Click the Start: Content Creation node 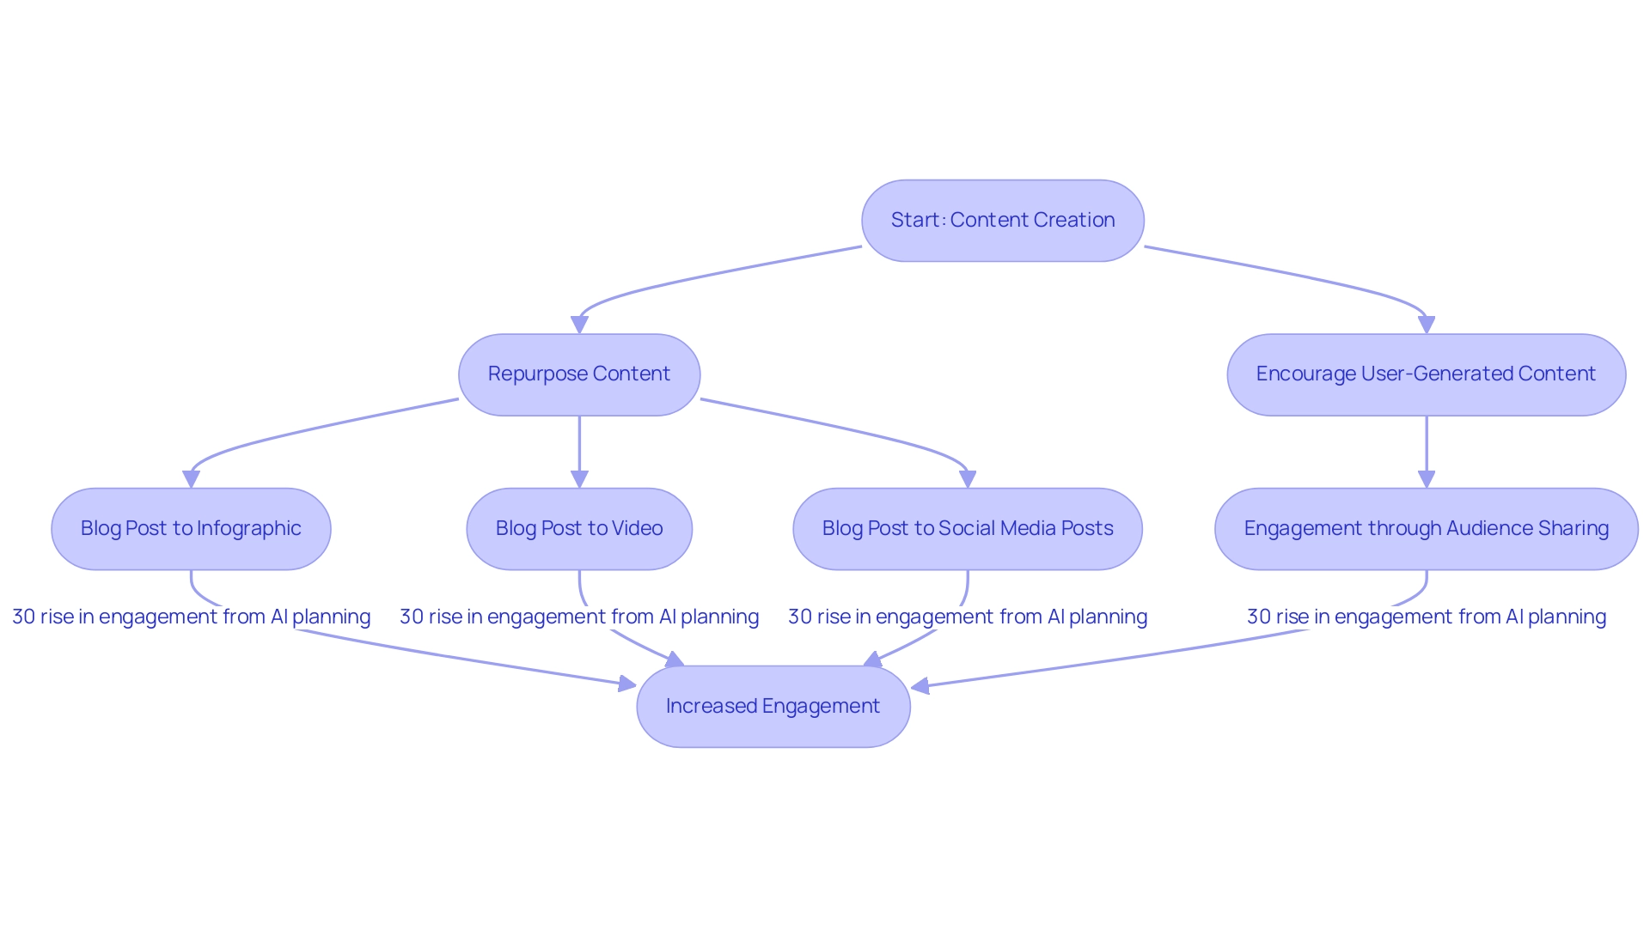(x=1002, y=221)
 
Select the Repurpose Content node (x=579, y=374)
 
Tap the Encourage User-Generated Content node (x=1426, y=374)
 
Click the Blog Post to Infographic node (x=191, y=529)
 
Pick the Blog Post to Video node (x=579, y=529)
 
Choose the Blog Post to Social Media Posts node (x=968, y=529)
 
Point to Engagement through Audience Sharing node (x=1426, y=529)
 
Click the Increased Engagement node (x=773, y=707)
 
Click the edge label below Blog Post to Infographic (x=191, y=617)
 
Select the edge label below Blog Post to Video (x=579, y=617)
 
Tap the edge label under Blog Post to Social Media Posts (x=968, y=617)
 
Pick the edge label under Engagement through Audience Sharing (x=1426, y=617)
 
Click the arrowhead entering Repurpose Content (x=579, y=325)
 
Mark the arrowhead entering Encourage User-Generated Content (x=1427, y=325)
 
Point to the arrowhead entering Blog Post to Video (x=579, y=480)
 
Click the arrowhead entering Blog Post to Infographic (x=191, y=480)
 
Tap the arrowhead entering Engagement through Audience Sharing (x=1427, y=480)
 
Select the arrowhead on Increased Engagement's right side (x=920, y=686)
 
